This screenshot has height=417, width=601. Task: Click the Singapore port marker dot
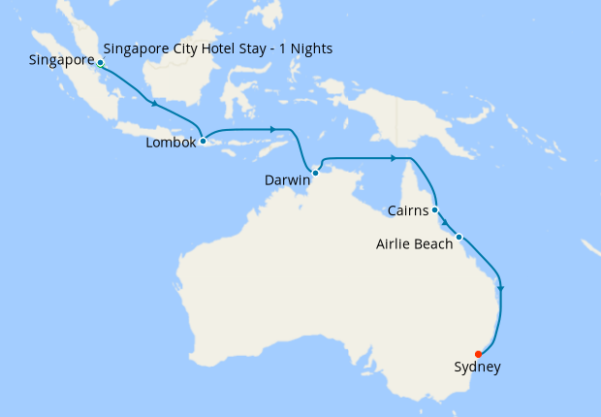[x=101, y=63]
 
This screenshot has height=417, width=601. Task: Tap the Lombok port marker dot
[x=203, y=142]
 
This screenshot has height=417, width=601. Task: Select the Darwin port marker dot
[x=315, y=173]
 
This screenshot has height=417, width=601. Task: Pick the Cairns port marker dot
[x=435, y=209]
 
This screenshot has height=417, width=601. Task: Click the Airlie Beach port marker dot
[x=459, y=237]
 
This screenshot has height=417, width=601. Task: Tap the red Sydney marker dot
[x=479, y=354]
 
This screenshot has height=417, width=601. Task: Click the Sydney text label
[x=477, y=367]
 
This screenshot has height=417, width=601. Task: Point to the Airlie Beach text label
[x=414, y=244]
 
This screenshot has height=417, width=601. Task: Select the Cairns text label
[x=405, y=210]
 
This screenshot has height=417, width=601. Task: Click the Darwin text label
[x=287, y=180]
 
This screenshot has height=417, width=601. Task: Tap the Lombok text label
[x=172, y=143]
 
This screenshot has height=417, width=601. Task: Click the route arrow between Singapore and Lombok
[x=152, y=103]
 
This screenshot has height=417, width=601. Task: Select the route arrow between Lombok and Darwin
[x=274, y=129]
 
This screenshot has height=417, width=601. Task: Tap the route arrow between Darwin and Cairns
[x=393, y=158]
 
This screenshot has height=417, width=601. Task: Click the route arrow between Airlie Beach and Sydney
[x=500, y=288]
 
